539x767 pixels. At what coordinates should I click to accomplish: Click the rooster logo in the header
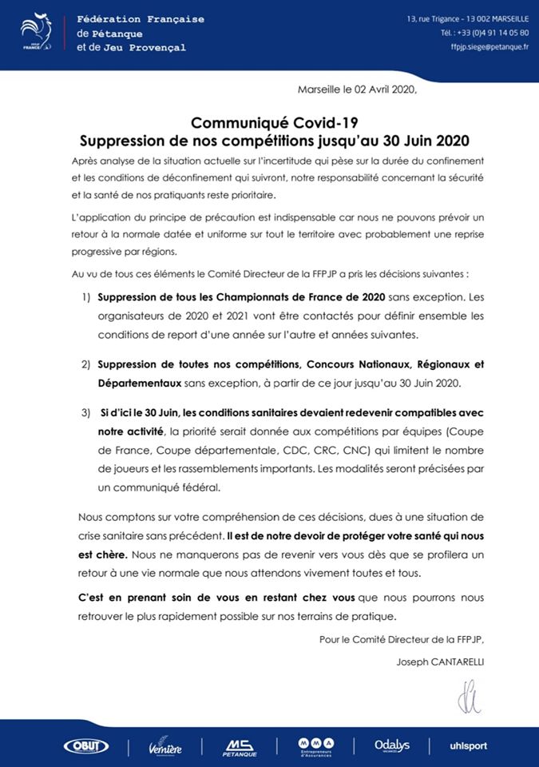(37, 32)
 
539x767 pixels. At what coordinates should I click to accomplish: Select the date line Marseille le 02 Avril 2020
(358, 89)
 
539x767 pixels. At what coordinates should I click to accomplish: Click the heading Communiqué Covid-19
(269, 122)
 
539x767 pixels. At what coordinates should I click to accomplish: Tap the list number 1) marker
(85, 297)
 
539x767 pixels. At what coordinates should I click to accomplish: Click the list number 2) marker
(85, 364)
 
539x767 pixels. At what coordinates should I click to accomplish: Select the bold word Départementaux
(138, 383)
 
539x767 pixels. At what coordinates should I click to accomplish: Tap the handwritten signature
(470, 695)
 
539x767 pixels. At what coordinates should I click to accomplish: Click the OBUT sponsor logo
(85, 746)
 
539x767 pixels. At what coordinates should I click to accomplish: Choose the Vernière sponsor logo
(165, 747)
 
